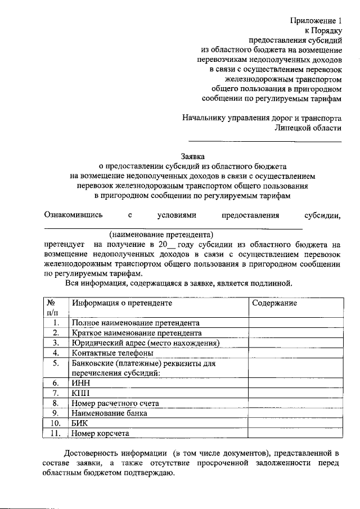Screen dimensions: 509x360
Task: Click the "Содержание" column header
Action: tap(274, 303)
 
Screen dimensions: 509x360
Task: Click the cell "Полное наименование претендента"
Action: tap(136, 323)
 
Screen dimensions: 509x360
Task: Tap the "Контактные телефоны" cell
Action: tap(112, 353)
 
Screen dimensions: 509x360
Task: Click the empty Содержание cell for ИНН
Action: tap(295, 384)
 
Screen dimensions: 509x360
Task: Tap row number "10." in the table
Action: tap(55, 424)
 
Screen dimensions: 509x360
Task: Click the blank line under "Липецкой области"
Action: tap(264, 141)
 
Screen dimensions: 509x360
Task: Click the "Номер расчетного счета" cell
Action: tap(115, 403)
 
